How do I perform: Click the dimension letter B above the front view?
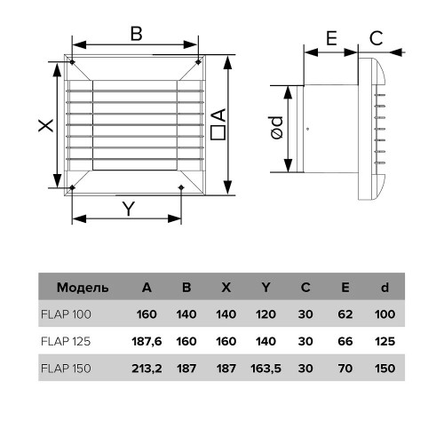137,34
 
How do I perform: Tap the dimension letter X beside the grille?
46,125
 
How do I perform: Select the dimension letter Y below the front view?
129,209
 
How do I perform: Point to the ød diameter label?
277,128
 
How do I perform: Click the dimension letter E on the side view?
331,38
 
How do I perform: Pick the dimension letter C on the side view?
377,38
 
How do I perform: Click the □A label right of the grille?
218,124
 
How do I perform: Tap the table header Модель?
83,288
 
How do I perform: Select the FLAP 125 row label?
66,341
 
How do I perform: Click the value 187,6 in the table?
147,341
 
